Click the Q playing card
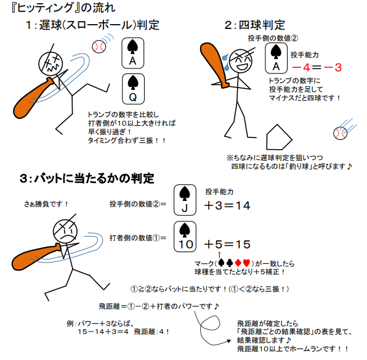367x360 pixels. [x=133, y=89]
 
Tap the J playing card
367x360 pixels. [x=185, y=200]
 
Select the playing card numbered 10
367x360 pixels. [x=185, y=237]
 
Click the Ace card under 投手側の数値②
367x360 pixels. [x=276, y=58]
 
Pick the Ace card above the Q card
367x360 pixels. [x=133, y=53]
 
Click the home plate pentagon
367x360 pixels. [x=279, y=137]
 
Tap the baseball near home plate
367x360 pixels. [x=340, y=133]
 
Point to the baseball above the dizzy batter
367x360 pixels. [x=99, y=47]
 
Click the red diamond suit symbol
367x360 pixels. [x=238, y=263]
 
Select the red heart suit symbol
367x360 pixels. [x=246, y=263]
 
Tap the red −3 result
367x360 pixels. [x=333, y=68]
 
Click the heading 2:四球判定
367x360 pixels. [x=255, y=25]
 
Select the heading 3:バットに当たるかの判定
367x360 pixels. [x=87, y=178]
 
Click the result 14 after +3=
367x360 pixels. [x=243, y=205]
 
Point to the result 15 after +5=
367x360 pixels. [x=243, y=244]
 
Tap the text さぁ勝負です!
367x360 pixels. [x=46, y=204]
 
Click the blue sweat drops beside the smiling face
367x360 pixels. [x=225, y=62]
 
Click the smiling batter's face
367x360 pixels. [x=241, y=60]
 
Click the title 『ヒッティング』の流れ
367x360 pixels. [x=63, y=8]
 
